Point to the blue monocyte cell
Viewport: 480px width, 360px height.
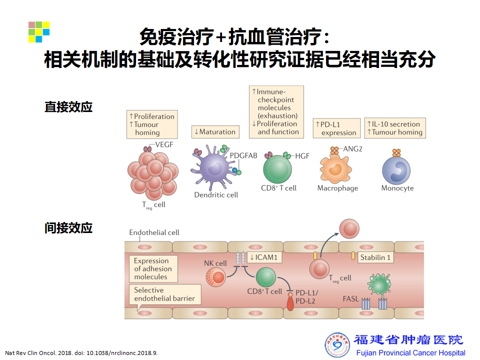point(396,169)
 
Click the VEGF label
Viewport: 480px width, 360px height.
point(164,144)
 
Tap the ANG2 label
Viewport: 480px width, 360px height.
point(352,149)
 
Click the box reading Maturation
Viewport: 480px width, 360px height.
point(214,132)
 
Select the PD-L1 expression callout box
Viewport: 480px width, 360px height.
point(336,128)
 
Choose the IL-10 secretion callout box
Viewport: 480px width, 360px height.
point(394,128)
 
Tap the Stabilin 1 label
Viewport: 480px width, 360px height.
point(375,257)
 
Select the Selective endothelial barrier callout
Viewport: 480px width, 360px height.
point(164,294)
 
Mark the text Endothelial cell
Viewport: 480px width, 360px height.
point(154,232)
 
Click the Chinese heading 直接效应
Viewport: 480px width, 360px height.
point(68,107)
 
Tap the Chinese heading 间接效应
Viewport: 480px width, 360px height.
point(68,228)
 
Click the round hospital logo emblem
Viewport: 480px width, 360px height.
point(337,345)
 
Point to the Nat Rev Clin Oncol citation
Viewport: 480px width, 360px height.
point(81,352)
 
